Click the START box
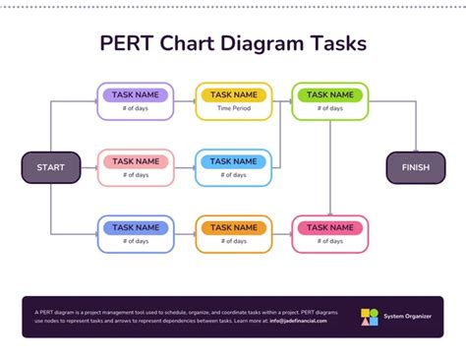(x=50, y=167)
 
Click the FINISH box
(x=415, y=167)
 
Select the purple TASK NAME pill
(x=136, y=95)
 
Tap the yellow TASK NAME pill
(x=233, y=95)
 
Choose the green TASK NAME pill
(x=329, y=95)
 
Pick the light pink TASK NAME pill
(x=136, y=161)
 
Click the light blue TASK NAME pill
(x=233, y=161)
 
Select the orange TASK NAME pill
(x=233, y=227)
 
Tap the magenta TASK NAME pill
(x=329, y=227)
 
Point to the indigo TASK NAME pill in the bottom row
(x=136, y=227)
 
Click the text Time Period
(x=233, y=109)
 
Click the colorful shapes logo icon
(x=369, y=317)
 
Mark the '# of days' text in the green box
(x=329, y=109)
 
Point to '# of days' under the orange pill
(x=233, y=241)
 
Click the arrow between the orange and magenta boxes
(x=281, y=233)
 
